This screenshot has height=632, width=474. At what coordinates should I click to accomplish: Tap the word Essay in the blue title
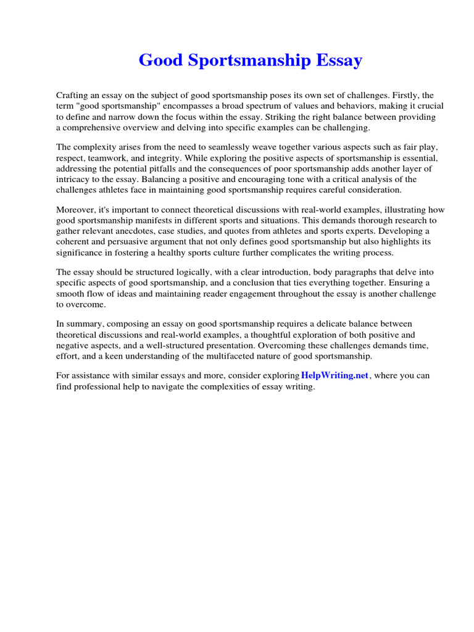(x=339, y=60)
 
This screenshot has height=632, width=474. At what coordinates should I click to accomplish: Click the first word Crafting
(x=72, y=96)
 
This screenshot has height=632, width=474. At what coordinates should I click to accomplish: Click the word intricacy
(x=76, y=179)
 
